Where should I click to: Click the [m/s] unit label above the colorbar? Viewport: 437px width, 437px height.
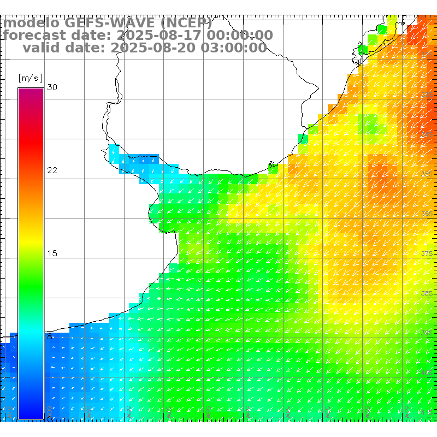click(30, 78)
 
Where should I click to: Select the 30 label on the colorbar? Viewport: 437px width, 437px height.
click(52, 87)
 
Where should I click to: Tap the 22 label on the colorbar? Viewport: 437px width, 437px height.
click(52, 170)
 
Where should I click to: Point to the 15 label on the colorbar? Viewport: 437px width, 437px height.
click(52, 253)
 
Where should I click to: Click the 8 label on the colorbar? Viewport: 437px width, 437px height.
click(50, 336)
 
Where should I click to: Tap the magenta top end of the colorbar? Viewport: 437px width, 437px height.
click(31, 91)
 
